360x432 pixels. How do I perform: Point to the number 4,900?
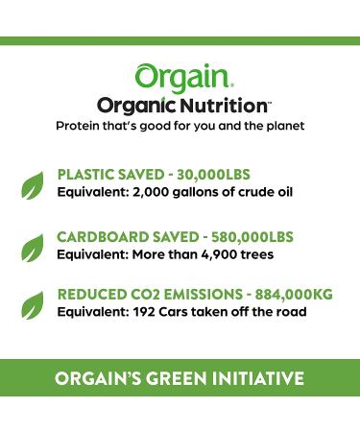(x=222, y=254)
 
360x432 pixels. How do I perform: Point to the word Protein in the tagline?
(x=82, y=127)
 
